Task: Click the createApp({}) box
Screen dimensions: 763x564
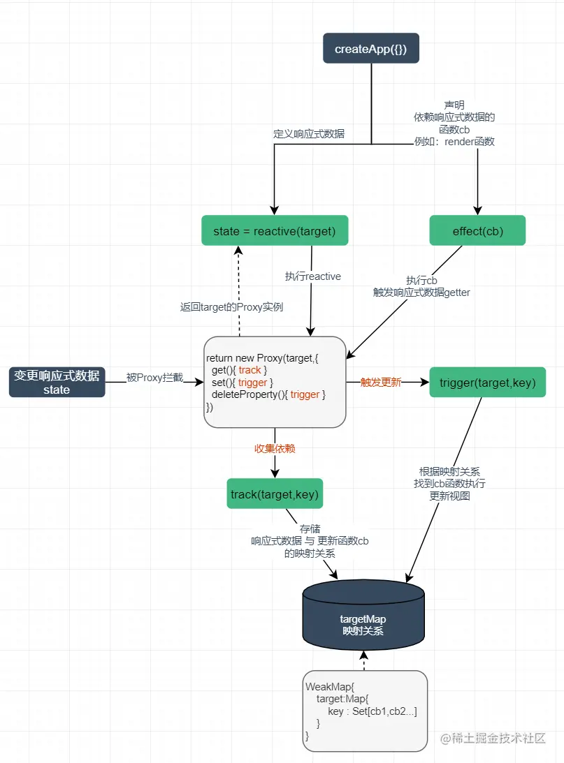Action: click(x=370, y=49)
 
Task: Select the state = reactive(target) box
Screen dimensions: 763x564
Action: click(x=274, y=231)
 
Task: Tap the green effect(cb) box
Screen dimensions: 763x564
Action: click(x=477, y=231)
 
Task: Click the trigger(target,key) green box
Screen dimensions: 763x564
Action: click(x=487, y=383)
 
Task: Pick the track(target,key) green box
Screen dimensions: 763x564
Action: click(x=275, y=494)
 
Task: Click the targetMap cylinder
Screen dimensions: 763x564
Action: click(x=363, y=615)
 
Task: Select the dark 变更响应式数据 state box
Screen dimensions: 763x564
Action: click(x=57, y=383)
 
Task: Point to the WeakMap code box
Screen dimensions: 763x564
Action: click(x=365, y=711)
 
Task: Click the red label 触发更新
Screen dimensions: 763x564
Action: click(x=380, y=383)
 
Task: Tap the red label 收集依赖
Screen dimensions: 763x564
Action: click(x=275, y=449)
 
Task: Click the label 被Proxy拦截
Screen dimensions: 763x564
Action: click(x=154, y=378)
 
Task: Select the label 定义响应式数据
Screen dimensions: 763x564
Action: click(x=308, y=133)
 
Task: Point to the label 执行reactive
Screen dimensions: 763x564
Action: click(x=312, y=276)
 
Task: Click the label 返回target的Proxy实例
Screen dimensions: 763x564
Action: click(x=231, y=306)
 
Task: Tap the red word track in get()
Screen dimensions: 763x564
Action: click(x=250, y=370)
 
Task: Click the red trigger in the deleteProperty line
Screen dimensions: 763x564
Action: click(x=305, y=395)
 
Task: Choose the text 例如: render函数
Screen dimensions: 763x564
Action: click(x=454, y=142)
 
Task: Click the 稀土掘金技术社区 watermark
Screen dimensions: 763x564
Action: click(x=492, y=738)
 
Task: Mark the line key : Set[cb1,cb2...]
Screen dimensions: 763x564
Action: click(x=372, y=711)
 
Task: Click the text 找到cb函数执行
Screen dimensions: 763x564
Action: click(x=449, y=484)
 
